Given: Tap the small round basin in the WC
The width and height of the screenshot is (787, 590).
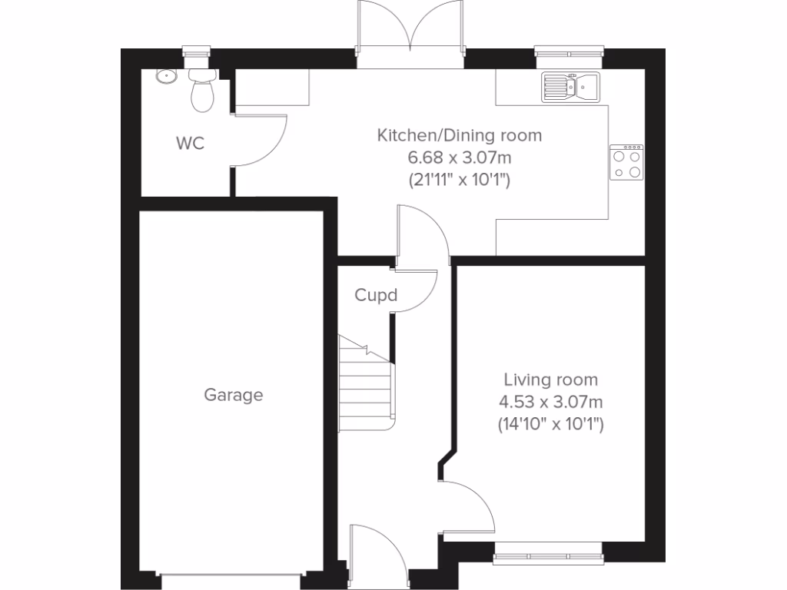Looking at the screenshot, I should point(164,76).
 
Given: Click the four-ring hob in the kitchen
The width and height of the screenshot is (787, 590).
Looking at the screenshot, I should point(626,162).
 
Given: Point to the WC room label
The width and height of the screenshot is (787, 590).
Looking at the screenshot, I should point(190,143).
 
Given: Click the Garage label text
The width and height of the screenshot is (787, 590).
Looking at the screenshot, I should point(234,395).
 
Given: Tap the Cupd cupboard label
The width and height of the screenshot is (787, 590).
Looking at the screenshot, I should point(376,295).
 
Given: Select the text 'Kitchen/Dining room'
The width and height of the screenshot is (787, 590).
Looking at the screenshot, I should point(459,136).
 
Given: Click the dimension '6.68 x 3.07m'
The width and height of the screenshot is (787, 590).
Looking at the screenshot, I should point(459,159).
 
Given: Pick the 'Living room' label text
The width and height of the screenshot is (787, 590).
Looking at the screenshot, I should point(550,380).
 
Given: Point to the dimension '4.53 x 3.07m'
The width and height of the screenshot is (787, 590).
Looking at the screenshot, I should point(550,401).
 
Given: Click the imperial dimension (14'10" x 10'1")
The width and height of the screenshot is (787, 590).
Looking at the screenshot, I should point(550,423).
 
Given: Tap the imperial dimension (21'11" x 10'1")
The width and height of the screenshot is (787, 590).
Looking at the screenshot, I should point(459,181).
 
